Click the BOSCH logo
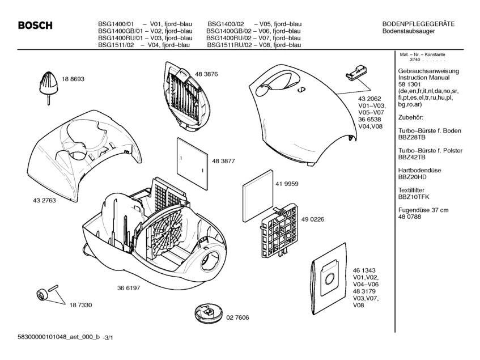35,26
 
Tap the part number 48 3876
207,74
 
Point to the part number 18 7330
81,305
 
